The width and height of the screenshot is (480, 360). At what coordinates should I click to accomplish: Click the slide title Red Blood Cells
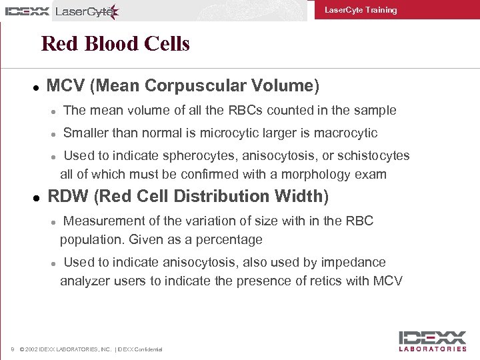115,44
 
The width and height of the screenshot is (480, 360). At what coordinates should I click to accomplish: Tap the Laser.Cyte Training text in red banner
360,10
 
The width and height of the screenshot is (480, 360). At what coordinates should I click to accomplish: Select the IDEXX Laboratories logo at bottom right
433,341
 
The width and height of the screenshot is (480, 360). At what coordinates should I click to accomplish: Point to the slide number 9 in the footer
13,349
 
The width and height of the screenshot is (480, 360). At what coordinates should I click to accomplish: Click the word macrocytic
347,133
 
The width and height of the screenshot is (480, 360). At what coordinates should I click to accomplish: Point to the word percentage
229,239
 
